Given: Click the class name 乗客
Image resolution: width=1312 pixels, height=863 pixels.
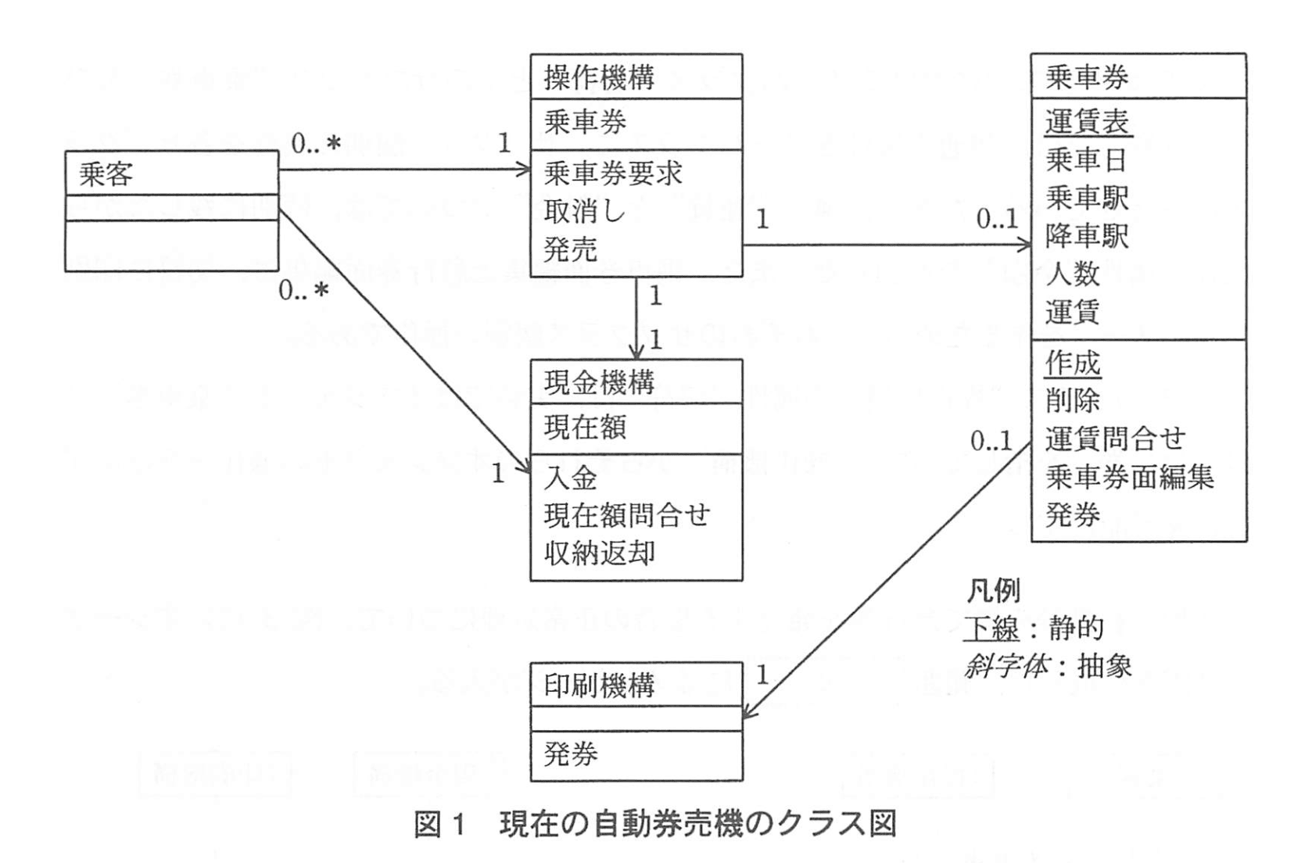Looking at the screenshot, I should point(106,174).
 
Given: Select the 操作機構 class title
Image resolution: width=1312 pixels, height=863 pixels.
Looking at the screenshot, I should point(599,77).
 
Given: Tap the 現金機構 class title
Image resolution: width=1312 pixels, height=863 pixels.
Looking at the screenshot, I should point(599,383).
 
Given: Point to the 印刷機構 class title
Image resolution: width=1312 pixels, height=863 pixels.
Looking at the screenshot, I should point(599,686).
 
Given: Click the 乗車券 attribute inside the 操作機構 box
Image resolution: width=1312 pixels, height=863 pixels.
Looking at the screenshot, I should point(585,123).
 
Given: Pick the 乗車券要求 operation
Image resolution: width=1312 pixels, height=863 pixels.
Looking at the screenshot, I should point(613,173).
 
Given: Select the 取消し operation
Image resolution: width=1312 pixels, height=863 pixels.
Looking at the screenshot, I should point(585,211).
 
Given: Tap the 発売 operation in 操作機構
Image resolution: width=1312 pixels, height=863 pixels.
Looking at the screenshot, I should point(571,249).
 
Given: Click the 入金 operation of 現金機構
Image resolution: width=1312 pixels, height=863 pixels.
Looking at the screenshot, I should point(571,478).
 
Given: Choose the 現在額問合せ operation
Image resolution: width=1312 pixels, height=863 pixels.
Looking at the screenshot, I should point(627,516).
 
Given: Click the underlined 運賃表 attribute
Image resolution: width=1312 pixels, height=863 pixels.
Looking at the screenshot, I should point(1088,123).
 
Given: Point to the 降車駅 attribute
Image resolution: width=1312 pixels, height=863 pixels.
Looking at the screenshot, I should point(1087,236).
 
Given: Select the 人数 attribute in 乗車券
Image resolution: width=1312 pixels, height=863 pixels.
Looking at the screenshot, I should point(1073,274).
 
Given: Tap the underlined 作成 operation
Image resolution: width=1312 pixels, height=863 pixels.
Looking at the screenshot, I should point(1073,363).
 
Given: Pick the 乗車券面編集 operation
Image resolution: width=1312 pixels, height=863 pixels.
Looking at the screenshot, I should point(1129,477).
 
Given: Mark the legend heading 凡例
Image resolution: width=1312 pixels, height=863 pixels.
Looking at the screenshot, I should point(994,592).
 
